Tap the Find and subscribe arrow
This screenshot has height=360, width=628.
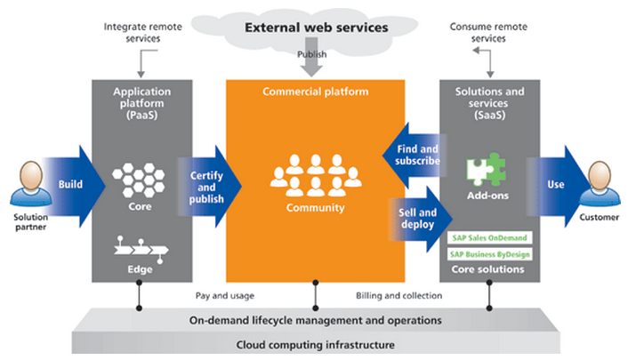click(412, 156)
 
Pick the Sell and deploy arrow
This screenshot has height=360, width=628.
click(414, 219)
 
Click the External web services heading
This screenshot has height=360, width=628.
click(317, 28)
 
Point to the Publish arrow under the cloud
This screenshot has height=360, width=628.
click(317, 62)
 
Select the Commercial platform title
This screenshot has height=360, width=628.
click(315, 92)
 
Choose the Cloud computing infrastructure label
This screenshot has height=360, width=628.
click(315, 345)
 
